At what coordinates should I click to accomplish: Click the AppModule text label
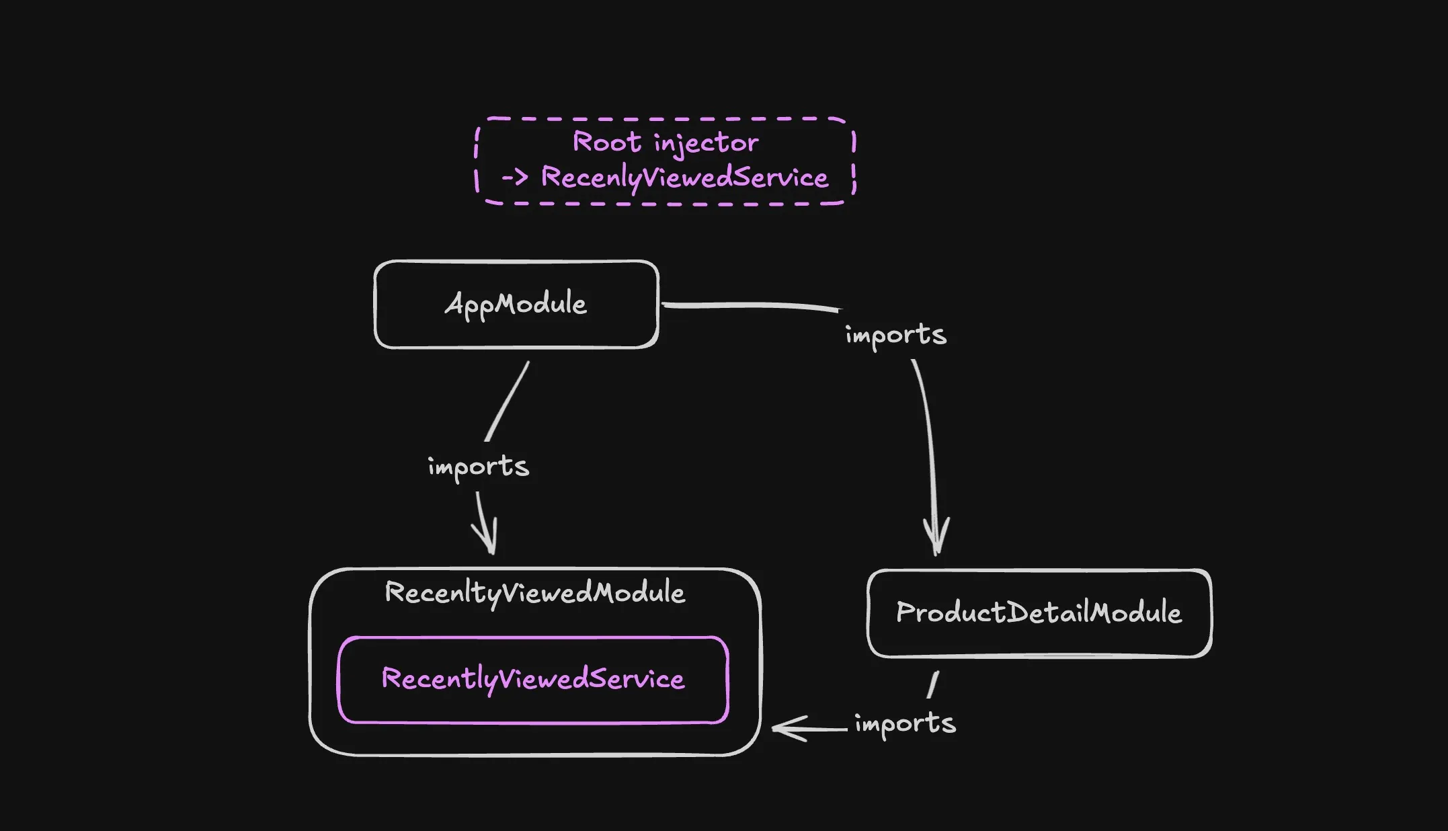coord(516,305)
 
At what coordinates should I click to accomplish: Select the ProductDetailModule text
coord(1039,613)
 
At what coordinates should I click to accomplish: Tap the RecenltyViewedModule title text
coord(534,593)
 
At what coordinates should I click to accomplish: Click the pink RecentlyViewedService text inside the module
coord(532,679)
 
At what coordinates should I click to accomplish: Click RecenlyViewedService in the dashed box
coord(684,178)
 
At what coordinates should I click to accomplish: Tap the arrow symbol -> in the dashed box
coord(515,178)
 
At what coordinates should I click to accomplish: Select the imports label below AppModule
coord(478,467)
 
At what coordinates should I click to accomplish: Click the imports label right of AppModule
coord(895,335)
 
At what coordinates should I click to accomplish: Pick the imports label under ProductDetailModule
coord(905,724)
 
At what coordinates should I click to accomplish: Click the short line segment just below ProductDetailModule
coord(933,684)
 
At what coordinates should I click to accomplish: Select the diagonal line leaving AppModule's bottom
coord(508,401)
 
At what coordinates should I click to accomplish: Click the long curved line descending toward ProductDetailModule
coord(930,437)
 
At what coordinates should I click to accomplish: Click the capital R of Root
coord(582,142)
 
